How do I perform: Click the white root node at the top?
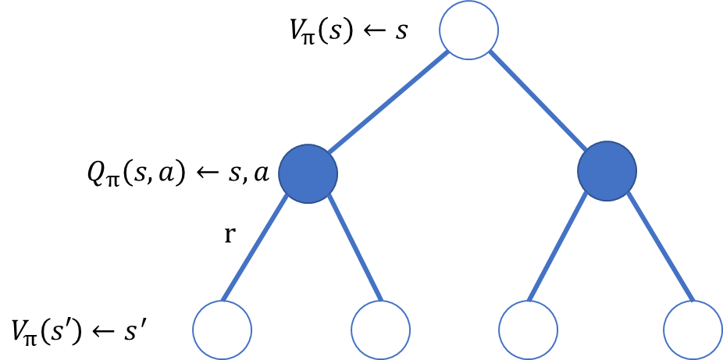click(x=468, y=30)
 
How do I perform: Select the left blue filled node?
click(x=308, y=173)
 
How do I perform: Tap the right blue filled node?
click(x=607, y=171)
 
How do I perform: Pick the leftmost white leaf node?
click(x=223, y=330)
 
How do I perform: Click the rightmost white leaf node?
click(x=693, y=330)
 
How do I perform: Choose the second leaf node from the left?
click(x=380, y=330)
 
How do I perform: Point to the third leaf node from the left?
click(x=528, y=330)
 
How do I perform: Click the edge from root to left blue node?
click(x=388, y=102)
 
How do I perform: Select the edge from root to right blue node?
click(x=538, y=101)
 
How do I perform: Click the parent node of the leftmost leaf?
click(x=308, y=173)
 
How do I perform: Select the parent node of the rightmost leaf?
click(x=607, y=171)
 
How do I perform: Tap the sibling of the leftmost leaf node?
click(x=380, y=330)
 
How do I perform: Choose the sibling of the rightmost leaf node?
click(x=528, y=330)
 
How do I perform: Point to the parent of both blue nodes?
click(x=468, y=30)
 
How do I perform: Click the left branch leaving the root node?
click(x=388, y=102)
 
